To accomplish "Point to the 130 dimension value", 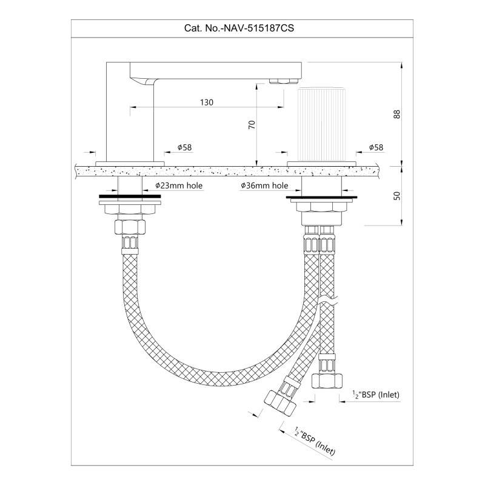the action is click(x=207, y=102).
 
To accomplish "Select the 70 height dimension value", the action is click(x=252, y=125).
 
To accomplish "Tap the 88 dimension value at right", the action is click(x=397, y=114).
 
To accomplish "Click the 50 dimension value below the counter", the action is click(x=397, y=196).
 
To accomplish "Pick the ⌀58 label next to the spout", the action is click(x=185, y=147).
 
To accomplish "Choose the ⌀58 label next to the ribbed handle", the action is click(x=376, y=147).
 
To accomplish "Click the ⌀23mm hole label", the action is click(x=179, y=186).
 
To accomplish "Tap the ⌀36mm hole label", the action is click(x=264, y=186).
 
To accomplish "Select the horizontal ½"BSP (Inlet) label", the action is click(x=376, y=395).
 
